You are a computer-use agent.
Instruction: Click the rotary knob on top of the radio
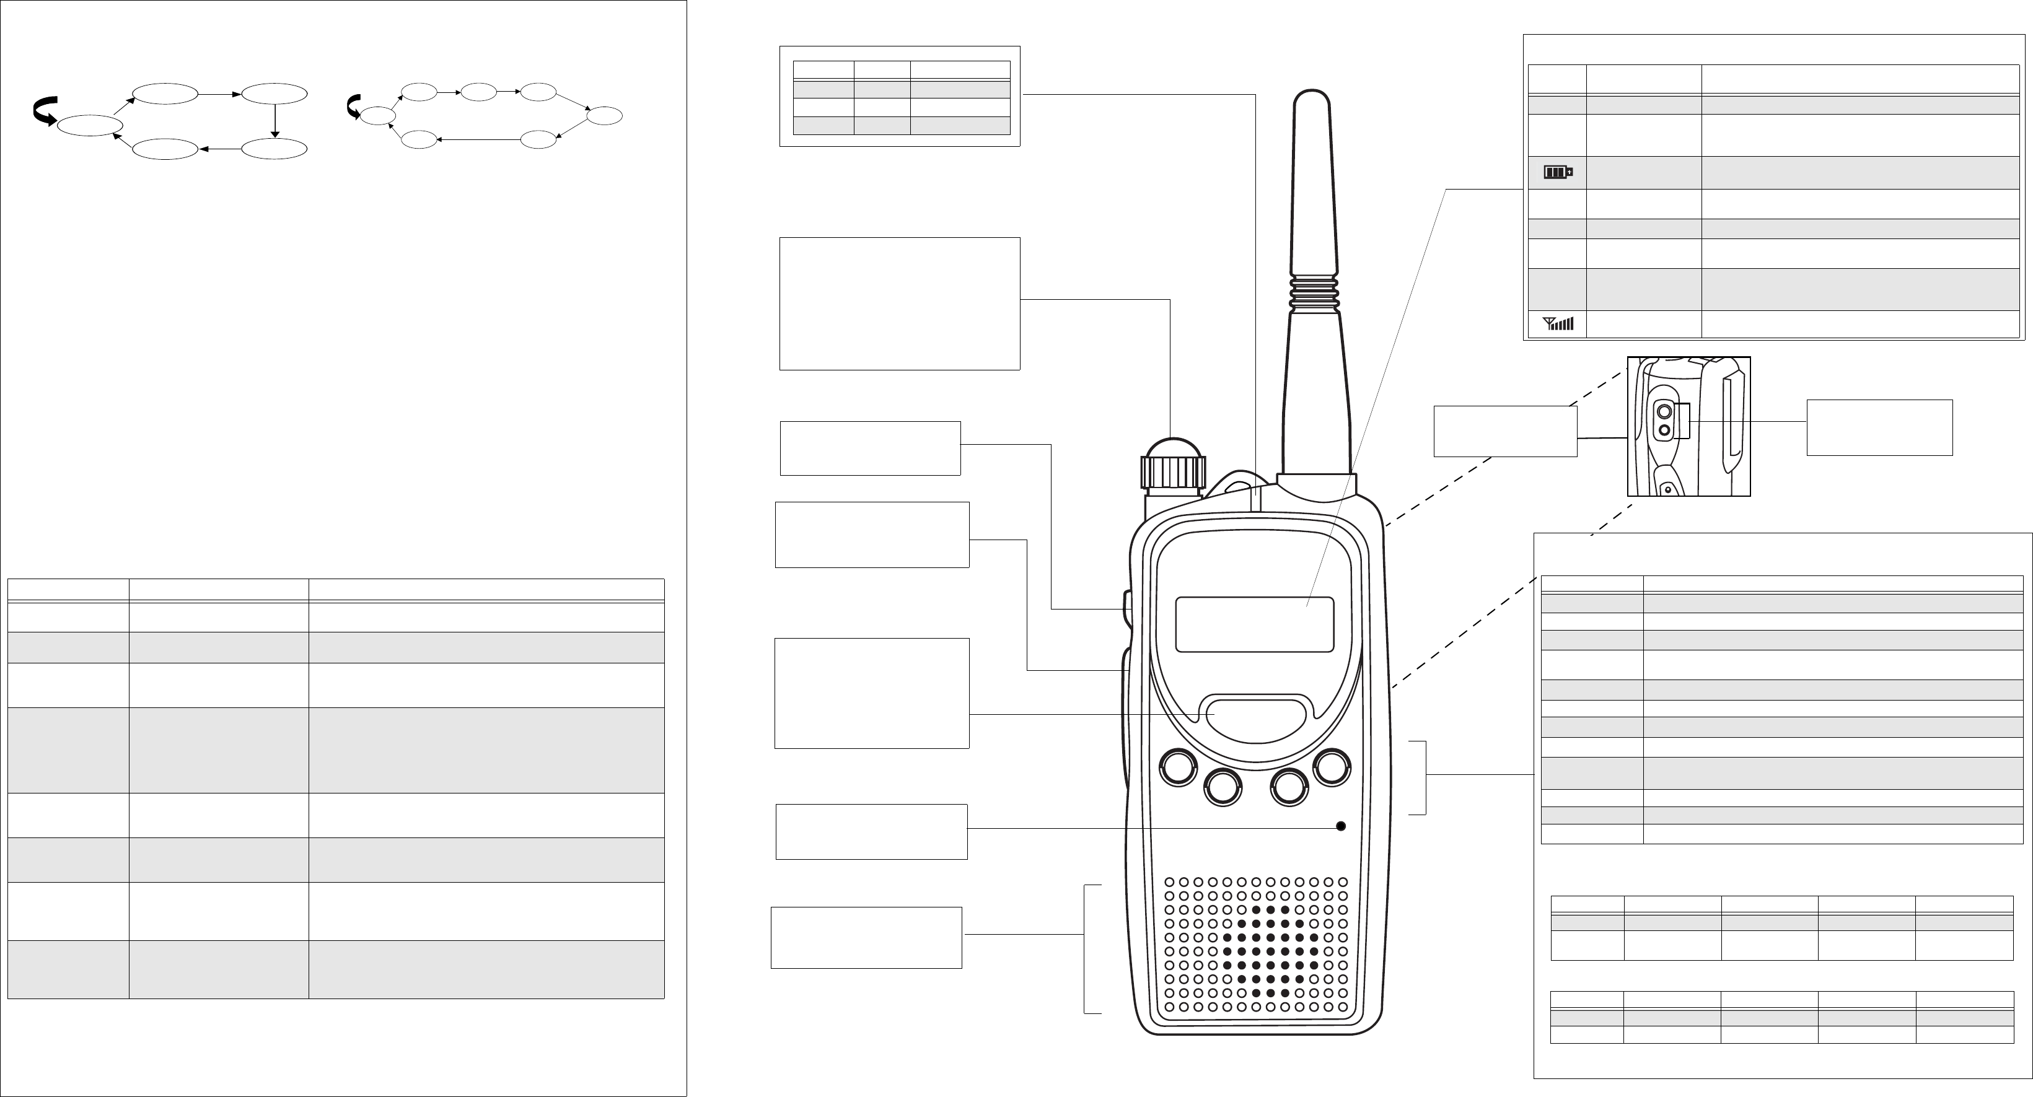pyautogui.click(x=1173, y=466)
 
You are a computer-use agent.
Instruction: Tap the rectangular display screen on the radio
pyautogui.click(x=1254, y=624)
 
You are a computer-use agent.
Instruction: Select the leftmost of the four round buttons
pyautogui.click(x=1177, y=767)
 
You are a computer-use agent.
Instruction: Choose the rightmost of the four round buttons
pyautogui.click(x=1332, y=767)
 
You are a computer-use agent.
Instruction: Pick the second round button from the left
pyautogui.click(x=1223, y=787)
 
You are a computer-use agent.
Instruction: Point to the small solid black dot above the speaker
pyautogui.click(x=1340, y=826)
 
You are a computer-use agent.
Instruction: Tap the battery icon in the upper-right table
pyautogui.click(x=1558, y=172)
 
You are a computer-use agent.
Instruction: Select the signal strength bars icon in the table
pyautogui.click(x=1558, y=323)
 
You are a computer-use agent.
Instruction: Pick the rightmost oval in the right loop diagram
pyautogui.click(x=605, y=116)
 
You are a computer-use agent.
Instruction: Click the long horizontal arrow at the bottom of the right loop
pyautogui.click(x=478, y=140)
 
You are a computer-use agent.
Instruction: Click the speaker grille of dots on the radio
pyautogui.click(x=1255, y=944)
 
